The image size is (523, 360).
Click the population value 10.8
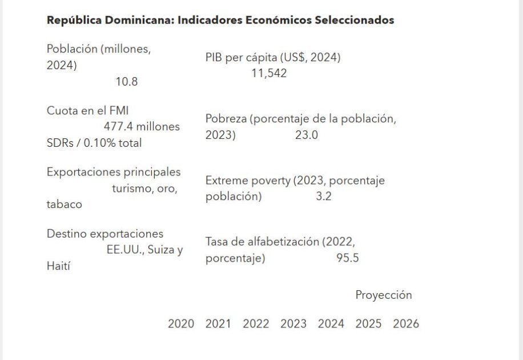[126, 82]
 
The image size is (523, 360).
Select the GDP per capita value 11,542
[269, 73]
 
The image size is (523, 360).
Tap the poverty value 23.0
[307, 135]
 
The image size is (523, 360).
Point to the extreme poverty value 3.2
[324, 197]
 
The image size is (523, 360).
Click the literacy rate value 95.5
[347, 258]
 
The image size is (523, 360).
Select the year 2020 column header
[181, 324]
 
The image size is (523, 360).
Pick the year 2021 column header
[218, 324]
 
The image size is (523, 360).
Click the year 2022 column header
[256, 324]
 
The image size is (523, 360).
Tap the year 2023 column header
[293, 324]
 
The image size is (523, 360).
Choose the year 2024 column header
[331, 324]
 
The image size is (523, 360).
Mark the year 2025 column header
[368, 324]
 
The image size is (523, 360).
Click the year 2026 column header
[406, 324]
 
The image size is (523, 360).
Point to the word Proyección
[384, 295]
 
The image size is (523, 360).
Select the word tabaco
[64, 205]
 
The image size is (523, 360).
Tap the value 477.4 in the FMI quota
[118, 127]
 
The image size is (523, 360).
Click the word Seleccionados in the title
[354, 20]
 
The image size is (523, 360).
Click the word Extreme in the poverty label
[227, 181]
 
